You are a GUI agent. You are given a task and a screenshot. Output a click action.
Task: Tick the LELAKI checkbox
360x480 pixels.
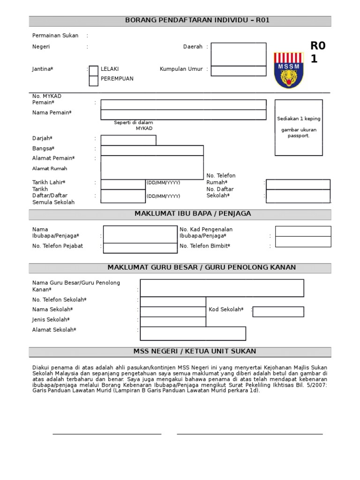pyautogui.click(x=94, y=70)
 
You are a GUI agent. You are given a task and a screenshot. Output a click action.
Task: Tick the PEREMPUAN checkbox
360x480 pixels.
pyautogui.click(x=94, y=81)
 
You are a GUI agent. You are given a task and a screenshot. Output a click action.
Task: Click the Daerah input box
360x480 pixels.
pyautogui.click(x=238, y=54)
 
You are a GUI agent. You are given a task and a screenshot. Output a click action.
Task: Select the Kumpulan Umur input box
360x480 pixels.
pyautogui.click(x=238, y=71)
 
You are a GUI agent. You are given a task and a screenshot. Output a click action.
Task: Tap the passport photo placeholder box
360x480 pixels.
pyautogui.click(x=299, y=127)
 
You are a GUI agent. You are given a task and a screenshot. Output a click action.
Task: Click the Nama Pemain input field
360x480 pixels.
pyautogui.click(x=183, y=115)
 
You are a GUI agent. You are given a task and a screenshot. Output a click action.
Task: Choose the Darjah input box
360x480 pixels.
pyautogui.click(x=128, y=140)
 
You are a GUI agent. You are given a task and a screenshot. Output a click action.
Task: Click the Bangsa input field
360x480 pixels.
pyautogui.click(x=152, y=150)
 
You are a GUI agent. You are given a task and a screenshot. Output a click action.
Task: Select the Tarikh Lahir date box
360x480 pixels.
pyautogui.click(x=123, y=184)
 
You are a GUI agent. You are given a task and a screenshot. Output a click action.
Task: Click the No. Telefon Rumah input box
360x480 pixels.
pyautogui.click(x=298, y=184)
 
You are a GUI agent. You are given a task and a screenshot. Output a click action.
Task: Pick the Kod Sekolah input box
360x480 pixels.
pyautogui.click(x=278, y=312)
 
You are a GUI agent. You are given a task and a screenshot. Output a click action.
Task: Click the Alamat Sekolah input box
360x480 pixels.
pyautogui.click(x=193, y=333)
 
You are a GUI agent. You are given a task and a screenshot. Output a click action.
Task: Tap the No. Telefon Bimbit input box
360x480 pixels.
pyautogui.click(x=303, y=242)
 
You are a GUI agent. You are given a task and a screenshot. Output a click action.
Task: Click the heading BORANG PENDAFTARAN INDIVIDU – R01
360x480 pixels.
pyautogui.click(x=180, y=21)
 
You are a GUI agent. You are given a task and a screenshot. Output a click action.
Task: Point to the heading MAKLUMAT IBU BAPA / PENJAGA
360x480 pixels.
pyautogui.click(x=180, y=214)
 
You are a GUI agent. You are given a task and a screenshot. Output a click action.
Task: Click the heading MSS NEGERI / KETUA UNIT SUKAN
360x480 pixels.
pyautogui.click(x=180, y=352)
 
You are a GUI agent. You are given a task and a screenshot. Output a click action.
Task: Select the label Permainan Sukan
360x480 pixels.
pyautogui.click(x=55, y=36)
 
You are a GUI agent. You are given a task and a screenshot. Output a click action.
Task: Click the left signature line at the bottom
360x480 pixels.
pyautogui.click(x=107, y=434)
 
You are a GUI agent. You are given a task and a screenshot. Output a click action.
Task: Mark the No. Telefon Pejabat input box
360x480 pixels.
pyautogui.click(x=134, y=248)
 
